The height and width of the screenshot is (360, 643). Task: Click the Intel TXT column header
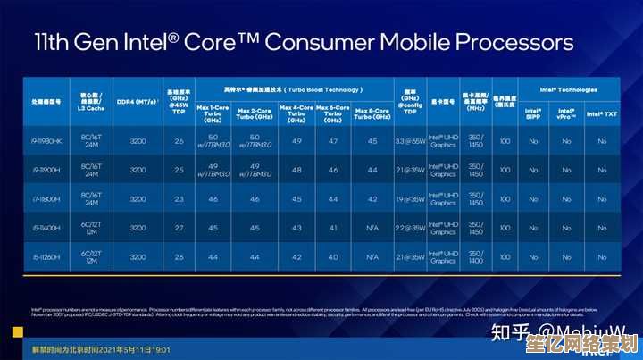pyautogui.click(x=602, y=113)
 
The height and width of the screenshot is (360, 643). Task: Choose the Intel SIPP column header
pyautogui.click(x=533, y=113)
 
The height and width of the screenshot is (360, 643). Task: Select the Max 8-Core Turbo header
pyautogui.click(x=372, y=113)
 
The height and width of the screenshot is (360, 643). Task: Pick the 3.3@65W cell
pyautogui.click(x=410, y=141)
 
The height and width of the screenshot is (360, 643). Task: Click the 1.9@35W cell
pyautogui.click(x=410, y=199)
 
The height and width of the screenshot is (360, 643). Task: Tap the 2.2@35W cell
pyautogui.click(x=410, y=228)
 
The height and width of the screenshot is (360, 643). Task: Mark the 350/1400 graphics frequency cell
pyautogui.click(x=475, y=257)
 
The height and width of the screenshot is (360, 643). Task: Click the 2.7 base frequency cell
pyautogui.click(x=179, y=228)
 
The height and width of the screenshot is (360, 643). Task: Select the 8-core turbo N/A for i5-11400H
pyautogui.click(x=372, y=228)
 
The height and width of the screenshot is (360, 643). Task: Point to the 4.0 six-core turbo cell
pyautogui.click(x=333, y=257)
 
